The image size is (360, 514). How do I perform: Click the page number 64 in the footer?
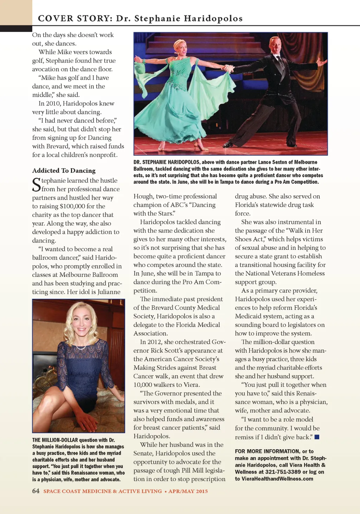point(36,491)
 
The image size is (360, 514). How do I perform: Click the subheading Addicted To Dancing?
point(64,170)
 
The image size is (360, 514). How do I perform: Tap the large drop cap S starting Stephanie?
point(36,185)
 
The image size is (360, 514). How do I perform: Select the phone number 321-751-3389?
point(283,472)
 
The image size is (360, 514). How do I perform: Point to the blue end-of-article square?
point(317,437)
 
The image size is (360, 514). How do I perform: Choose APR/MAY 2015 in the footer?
point(188,491)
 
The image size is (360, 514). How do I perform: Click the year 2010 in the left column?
point(53,103)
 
